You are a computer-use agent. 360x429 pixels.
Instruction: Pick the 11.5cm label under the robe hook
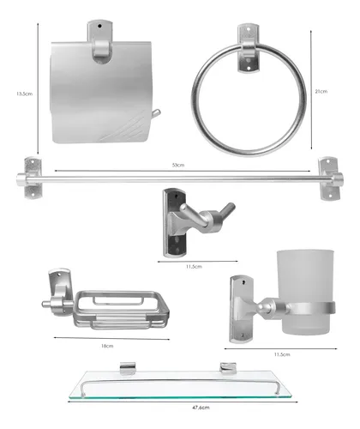coord(195,267)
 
